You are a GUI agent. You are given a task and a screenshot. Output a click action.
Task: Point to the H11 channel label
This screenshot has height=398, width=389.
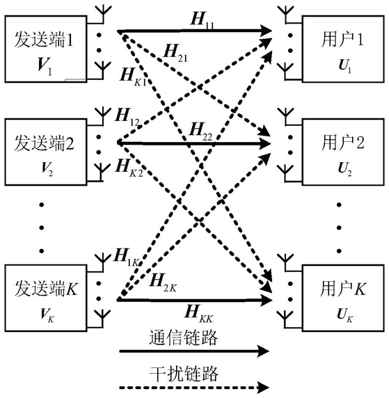click(202, 19)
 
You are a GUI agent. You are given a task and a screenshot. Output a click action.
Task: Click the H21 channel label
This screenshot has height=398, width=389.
click(175, 54)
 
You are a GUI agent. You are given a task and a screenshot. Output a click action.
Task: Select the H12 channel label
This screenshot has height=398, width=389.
click(127, 117)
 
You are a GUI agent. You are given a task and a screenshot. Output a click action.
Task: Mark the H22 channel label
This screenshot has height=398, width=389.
click(200, 132)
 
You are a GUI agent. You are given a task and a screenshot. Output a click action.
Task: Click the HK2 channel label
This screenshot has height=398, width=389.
click(129, 168)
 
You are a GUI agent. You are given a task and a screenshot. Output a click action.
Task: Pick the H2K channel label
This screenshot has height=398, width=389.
click(163, 282)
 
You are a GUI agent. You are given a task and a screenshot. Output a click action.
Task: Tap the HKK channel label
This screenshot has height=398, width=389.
click(198, 314)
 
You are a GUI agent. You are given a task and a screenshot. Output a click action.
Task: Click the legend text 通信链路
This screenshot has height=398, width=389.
click(183, 338)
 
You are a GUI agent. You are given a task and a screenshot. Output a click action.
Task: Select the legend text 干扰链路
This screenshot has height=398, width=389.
click(184, 374)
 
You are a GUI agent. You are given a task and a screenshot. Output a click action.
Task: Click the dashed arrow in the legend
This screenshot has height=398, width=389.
click(194, 388)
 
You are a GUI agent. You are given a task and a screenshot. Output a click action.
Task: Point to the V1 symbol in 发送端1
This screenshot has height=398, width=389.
click(45, 67)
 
